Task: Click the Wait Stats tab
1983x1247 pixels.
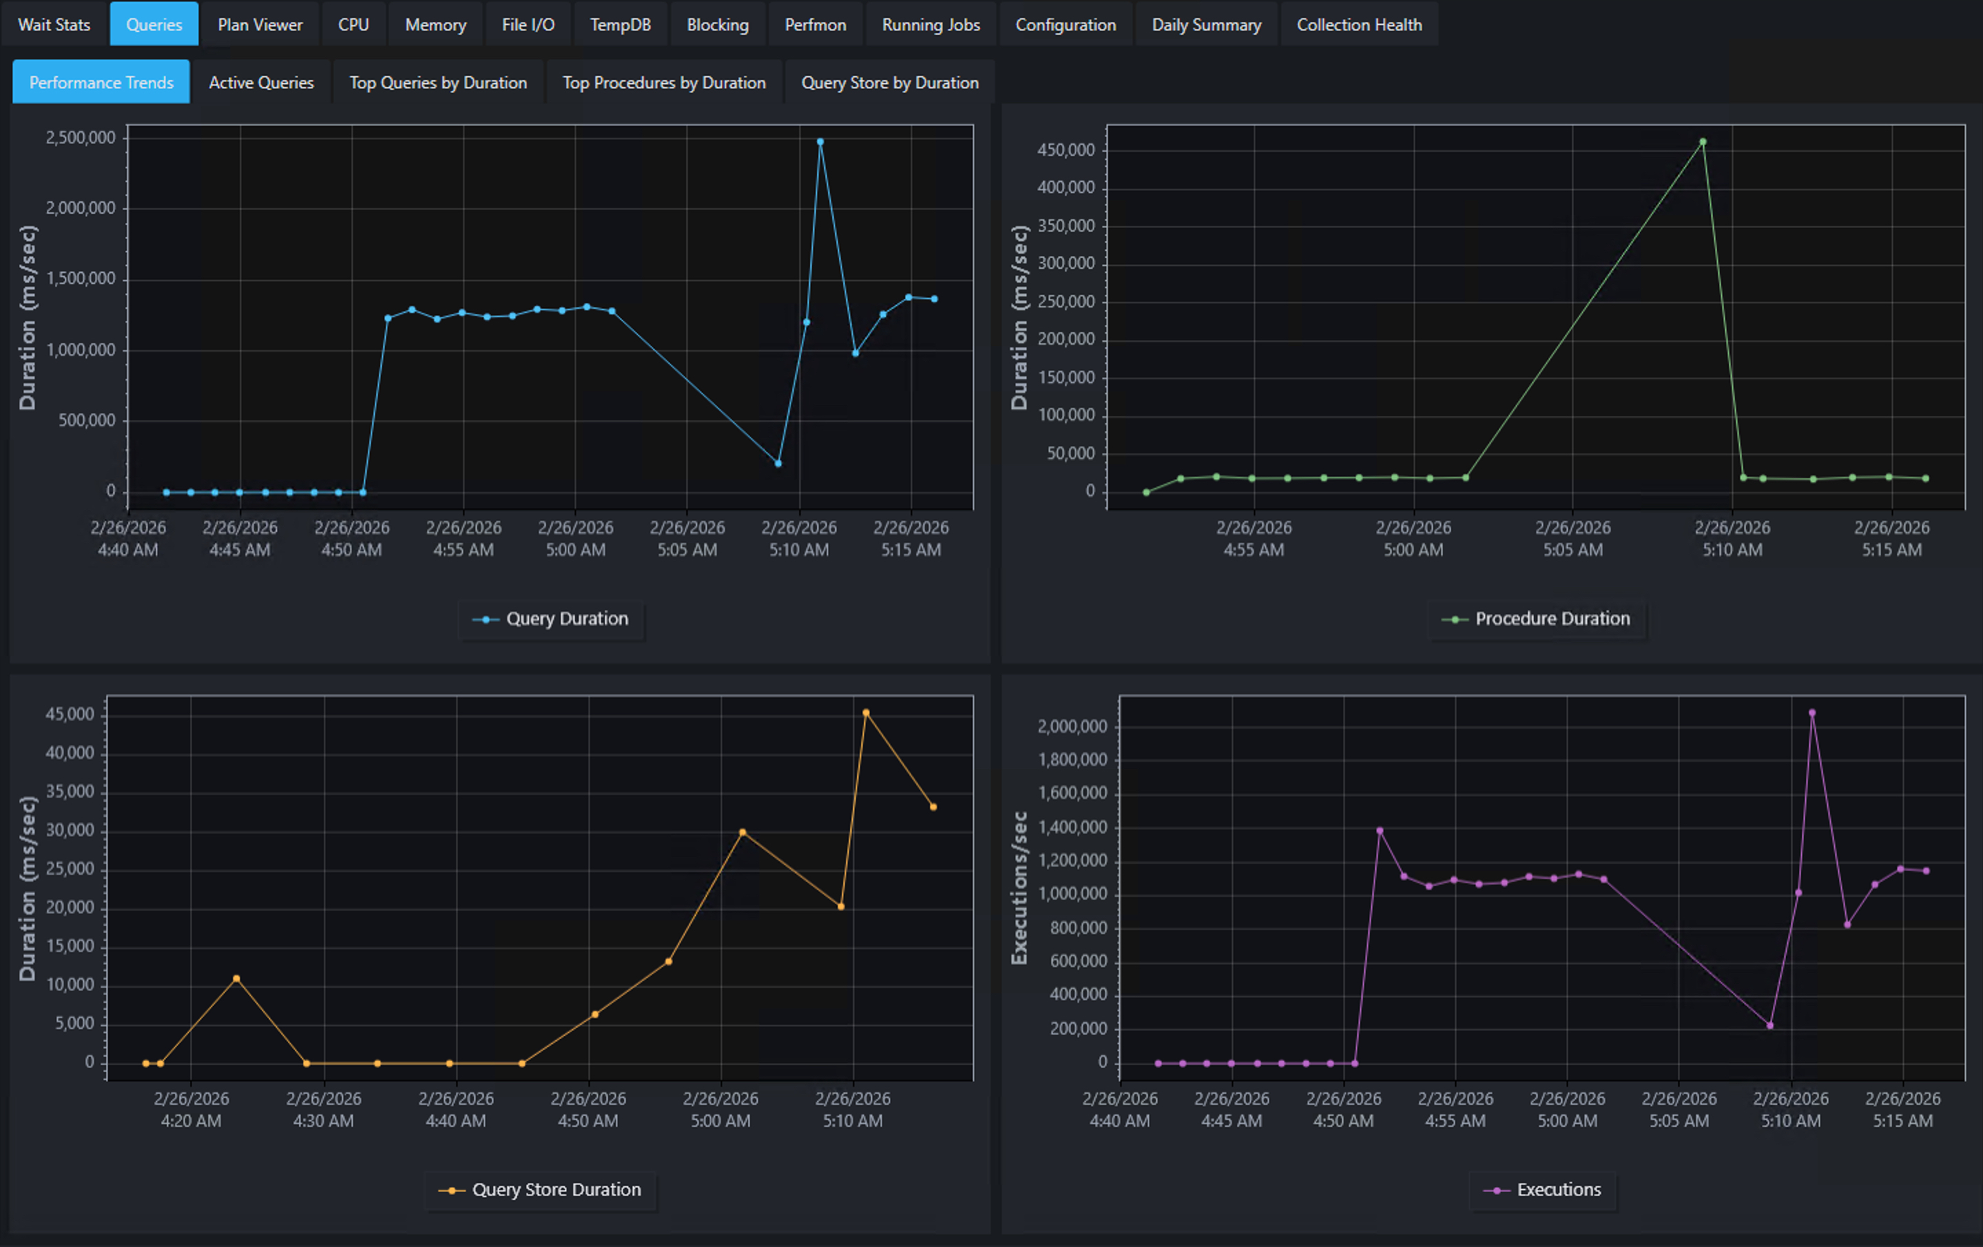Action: click(54, 25)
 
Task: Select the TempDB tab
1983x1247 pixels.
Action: click(620, 25)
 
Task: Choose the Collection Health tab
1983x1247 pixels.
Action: click(1359, 25)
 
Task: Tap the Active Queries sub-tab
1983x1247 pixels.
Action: click(261, 83)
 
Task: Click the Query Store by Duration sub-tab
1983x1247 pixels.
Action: click(890, 83)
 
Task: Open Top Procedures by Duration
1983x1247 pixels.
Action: click(664, 83)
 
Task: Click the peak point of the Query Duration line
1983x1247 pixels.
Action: click(820, 142)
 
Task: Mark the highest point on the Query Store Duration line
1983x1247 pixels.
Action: click(865, 712)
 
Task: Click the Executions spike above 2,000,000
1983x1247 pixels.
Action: click(1811, 712)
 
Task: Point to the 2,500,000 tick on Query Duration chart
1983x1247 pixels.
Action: click(80, 138)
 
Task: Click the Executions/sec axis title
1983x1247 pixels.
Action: click(1020, 888)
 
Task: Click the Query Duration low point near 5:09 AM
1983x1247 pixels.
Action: click(778, 463)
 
